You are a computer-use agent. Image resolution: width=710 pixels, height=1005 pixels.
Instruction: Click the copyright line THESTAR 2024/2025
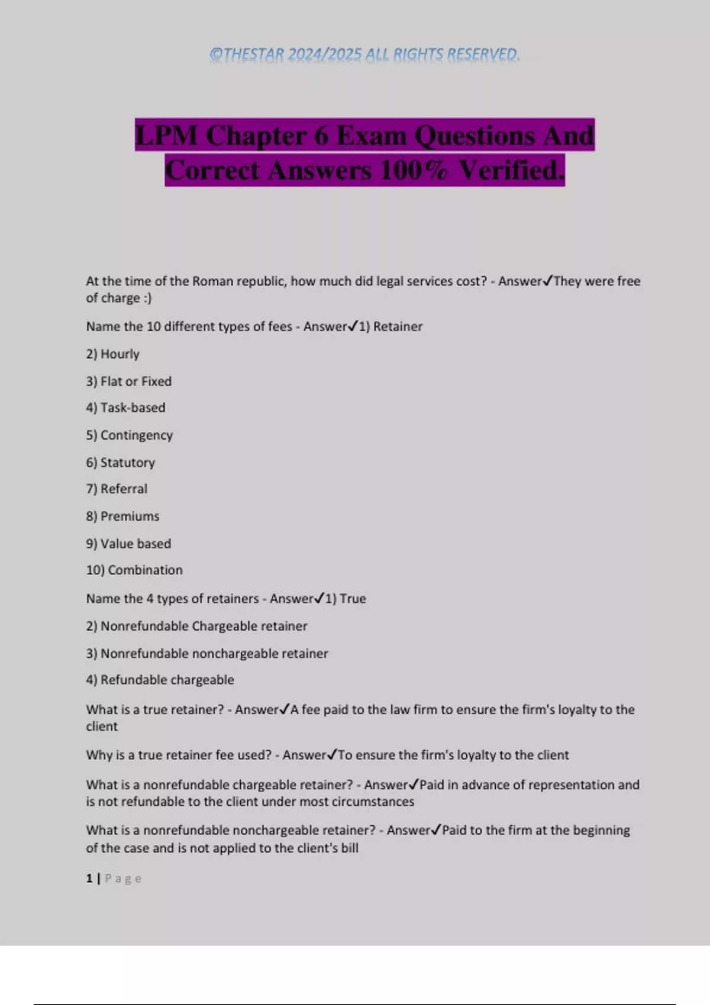coord(364,54)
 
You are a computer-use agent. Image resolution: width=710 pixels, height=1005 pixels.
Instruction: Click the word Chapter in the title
coord(256,135)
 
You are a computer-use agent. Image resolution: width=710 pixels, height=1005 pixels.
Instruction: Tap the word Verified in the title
coord(511,171)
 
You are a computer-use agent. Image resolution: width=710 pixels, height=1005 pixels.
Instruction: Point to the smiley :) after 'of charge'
coord(147,299)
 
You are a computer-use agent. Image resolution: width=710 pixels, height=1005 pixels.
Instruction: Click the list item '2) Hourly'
coord(112,354)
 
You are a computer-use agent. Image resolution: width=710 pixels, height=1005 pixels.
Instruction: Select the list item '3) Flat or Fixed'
coord(128,381)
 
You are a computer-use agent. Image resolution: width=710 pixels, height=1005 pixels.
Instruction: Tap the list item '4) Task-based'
coord(125,408)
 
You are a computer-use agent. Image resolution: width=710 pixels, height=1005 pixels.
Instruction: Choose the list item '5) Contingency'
coord(129,435)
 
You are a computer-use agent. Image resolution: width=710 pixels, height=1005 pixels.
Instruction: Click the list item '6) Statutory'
coord(120,462)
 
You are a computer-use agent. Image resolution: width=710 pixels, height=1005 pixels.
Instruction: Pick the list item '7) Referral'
coord(117,489)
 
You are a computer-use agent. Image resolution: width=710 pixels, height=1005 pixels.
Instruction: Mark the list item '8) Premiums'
coord(122,516)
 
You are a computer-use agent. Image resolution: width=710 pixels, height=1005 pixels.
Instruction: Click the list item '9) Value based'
coord(128,543)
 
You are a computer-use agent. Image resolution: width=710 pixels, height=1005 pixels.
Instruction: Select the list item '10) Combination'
coord(134,570)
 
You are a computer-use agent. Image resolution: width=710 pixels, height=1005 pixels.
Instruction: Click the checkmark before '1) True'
coord(319,598)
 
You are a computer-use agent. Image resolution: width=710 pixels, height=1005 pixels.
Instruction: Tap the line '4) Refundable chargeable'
coord(160,680)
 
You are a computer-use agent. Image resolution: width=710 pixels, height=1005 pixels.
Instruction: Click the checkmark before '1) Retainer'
coord(353,326)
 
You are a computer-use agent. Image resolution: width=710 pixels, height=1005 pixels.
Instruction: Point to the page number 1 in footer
coord(89,878)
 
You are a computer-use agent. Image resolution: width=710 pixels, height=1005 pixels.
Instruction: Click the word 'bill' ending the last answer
coord(350,848)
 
